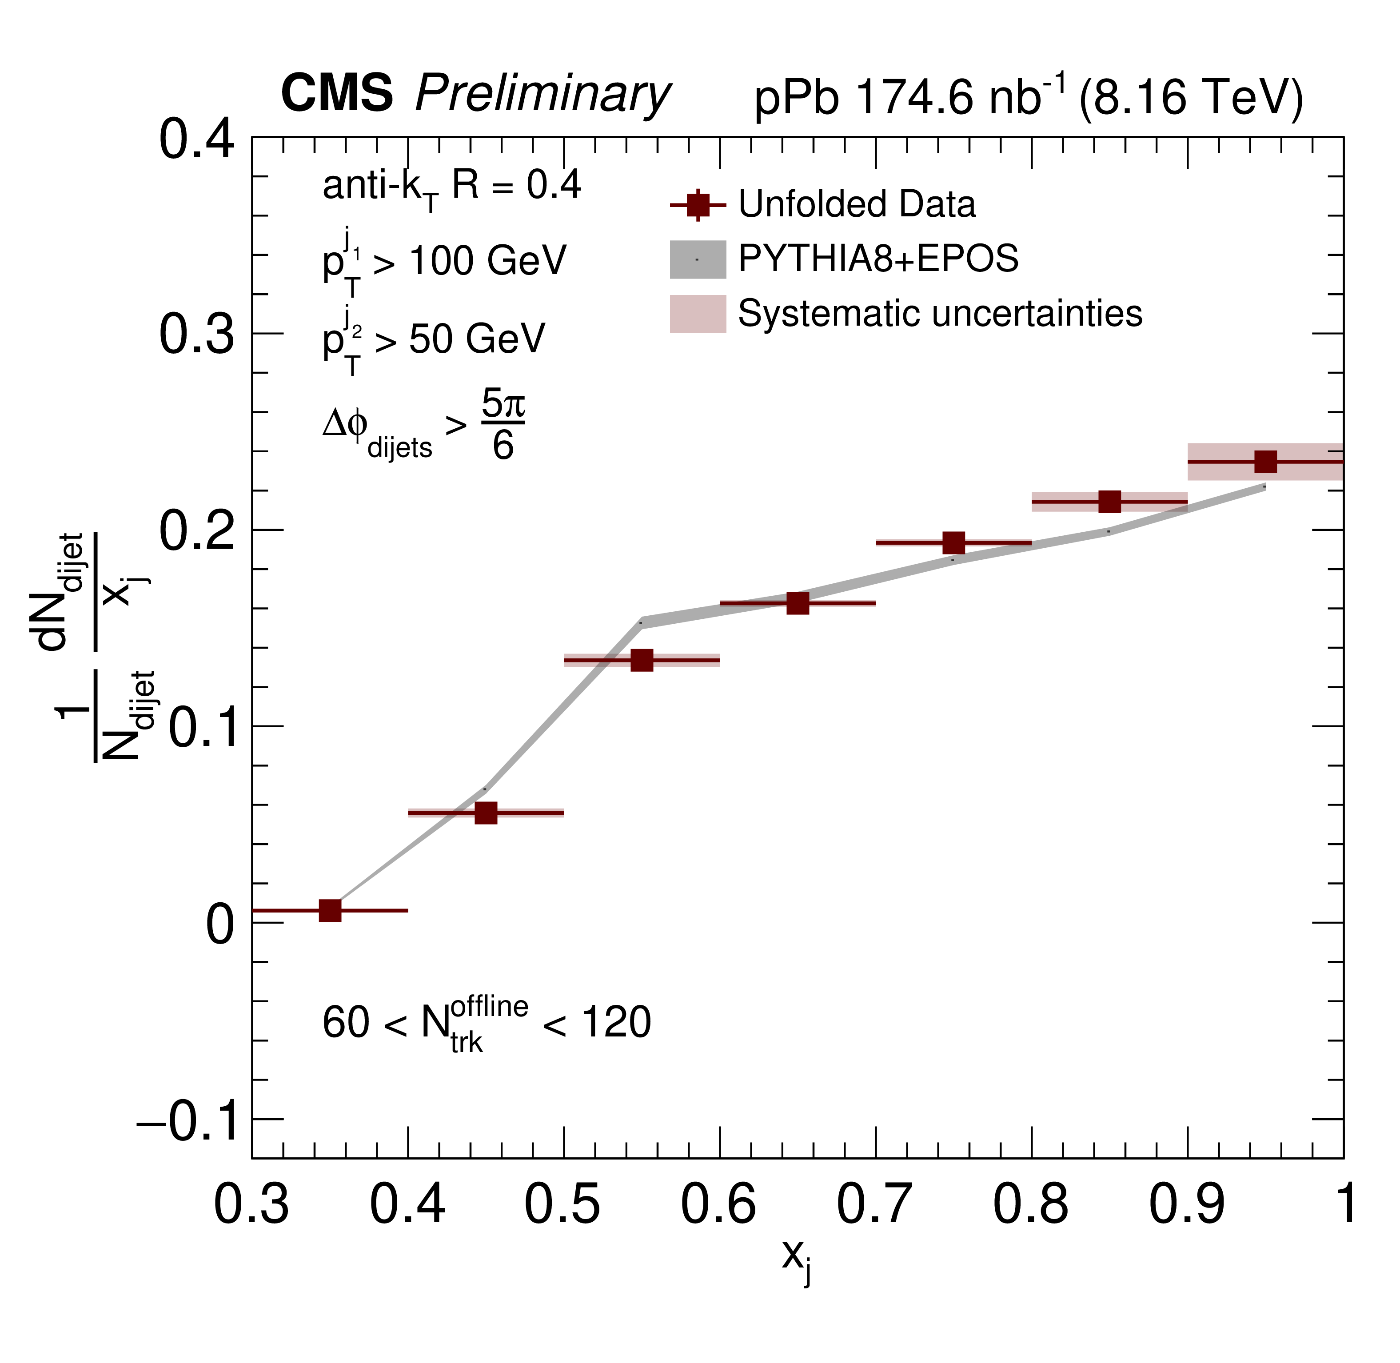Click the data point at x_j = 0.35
[330, 911]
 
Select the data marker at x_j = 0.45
[486, 813]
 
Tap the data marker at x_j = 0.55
[642, 660]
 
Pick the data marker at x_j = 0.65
[798, 603]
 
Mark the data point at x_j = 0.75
[953, 542]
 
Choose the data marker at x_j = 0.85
[1109, 502]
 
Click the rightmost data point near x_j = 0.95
[1265, 462]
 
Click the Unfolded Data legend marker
[698, 205]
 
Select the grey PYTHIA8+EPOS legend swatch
[698, 259]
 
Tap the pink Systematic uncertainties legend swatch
[698, 314]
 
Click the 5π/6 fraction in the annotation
[503, 425]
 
